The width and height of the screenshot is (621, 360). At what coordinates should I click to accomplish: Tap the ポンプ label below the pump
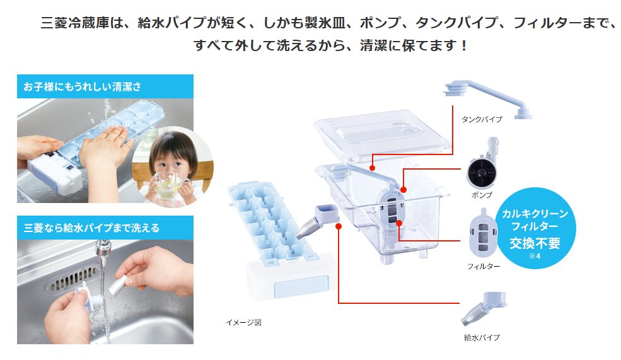tap(482, 195)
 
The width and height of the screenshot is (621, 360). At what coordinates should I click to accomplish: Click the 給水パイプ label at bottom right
tap(482, 337)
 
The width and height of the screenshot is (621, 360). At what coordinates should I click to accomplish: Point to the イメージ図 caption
tap(243, 322)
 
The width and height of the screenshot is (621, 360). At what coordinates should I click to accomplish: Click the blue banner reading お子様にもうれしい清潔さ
tap(105, 86)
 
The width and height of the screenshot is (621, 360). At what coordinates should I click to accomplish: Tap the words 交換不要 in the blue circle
tap(535, 243)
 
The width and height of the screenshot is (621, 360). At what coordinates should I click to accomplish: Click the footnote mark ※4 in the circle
tap(535, 255)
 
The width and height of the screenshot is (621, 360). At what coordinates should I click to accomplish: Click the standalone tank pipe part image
tap(486, 98)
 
